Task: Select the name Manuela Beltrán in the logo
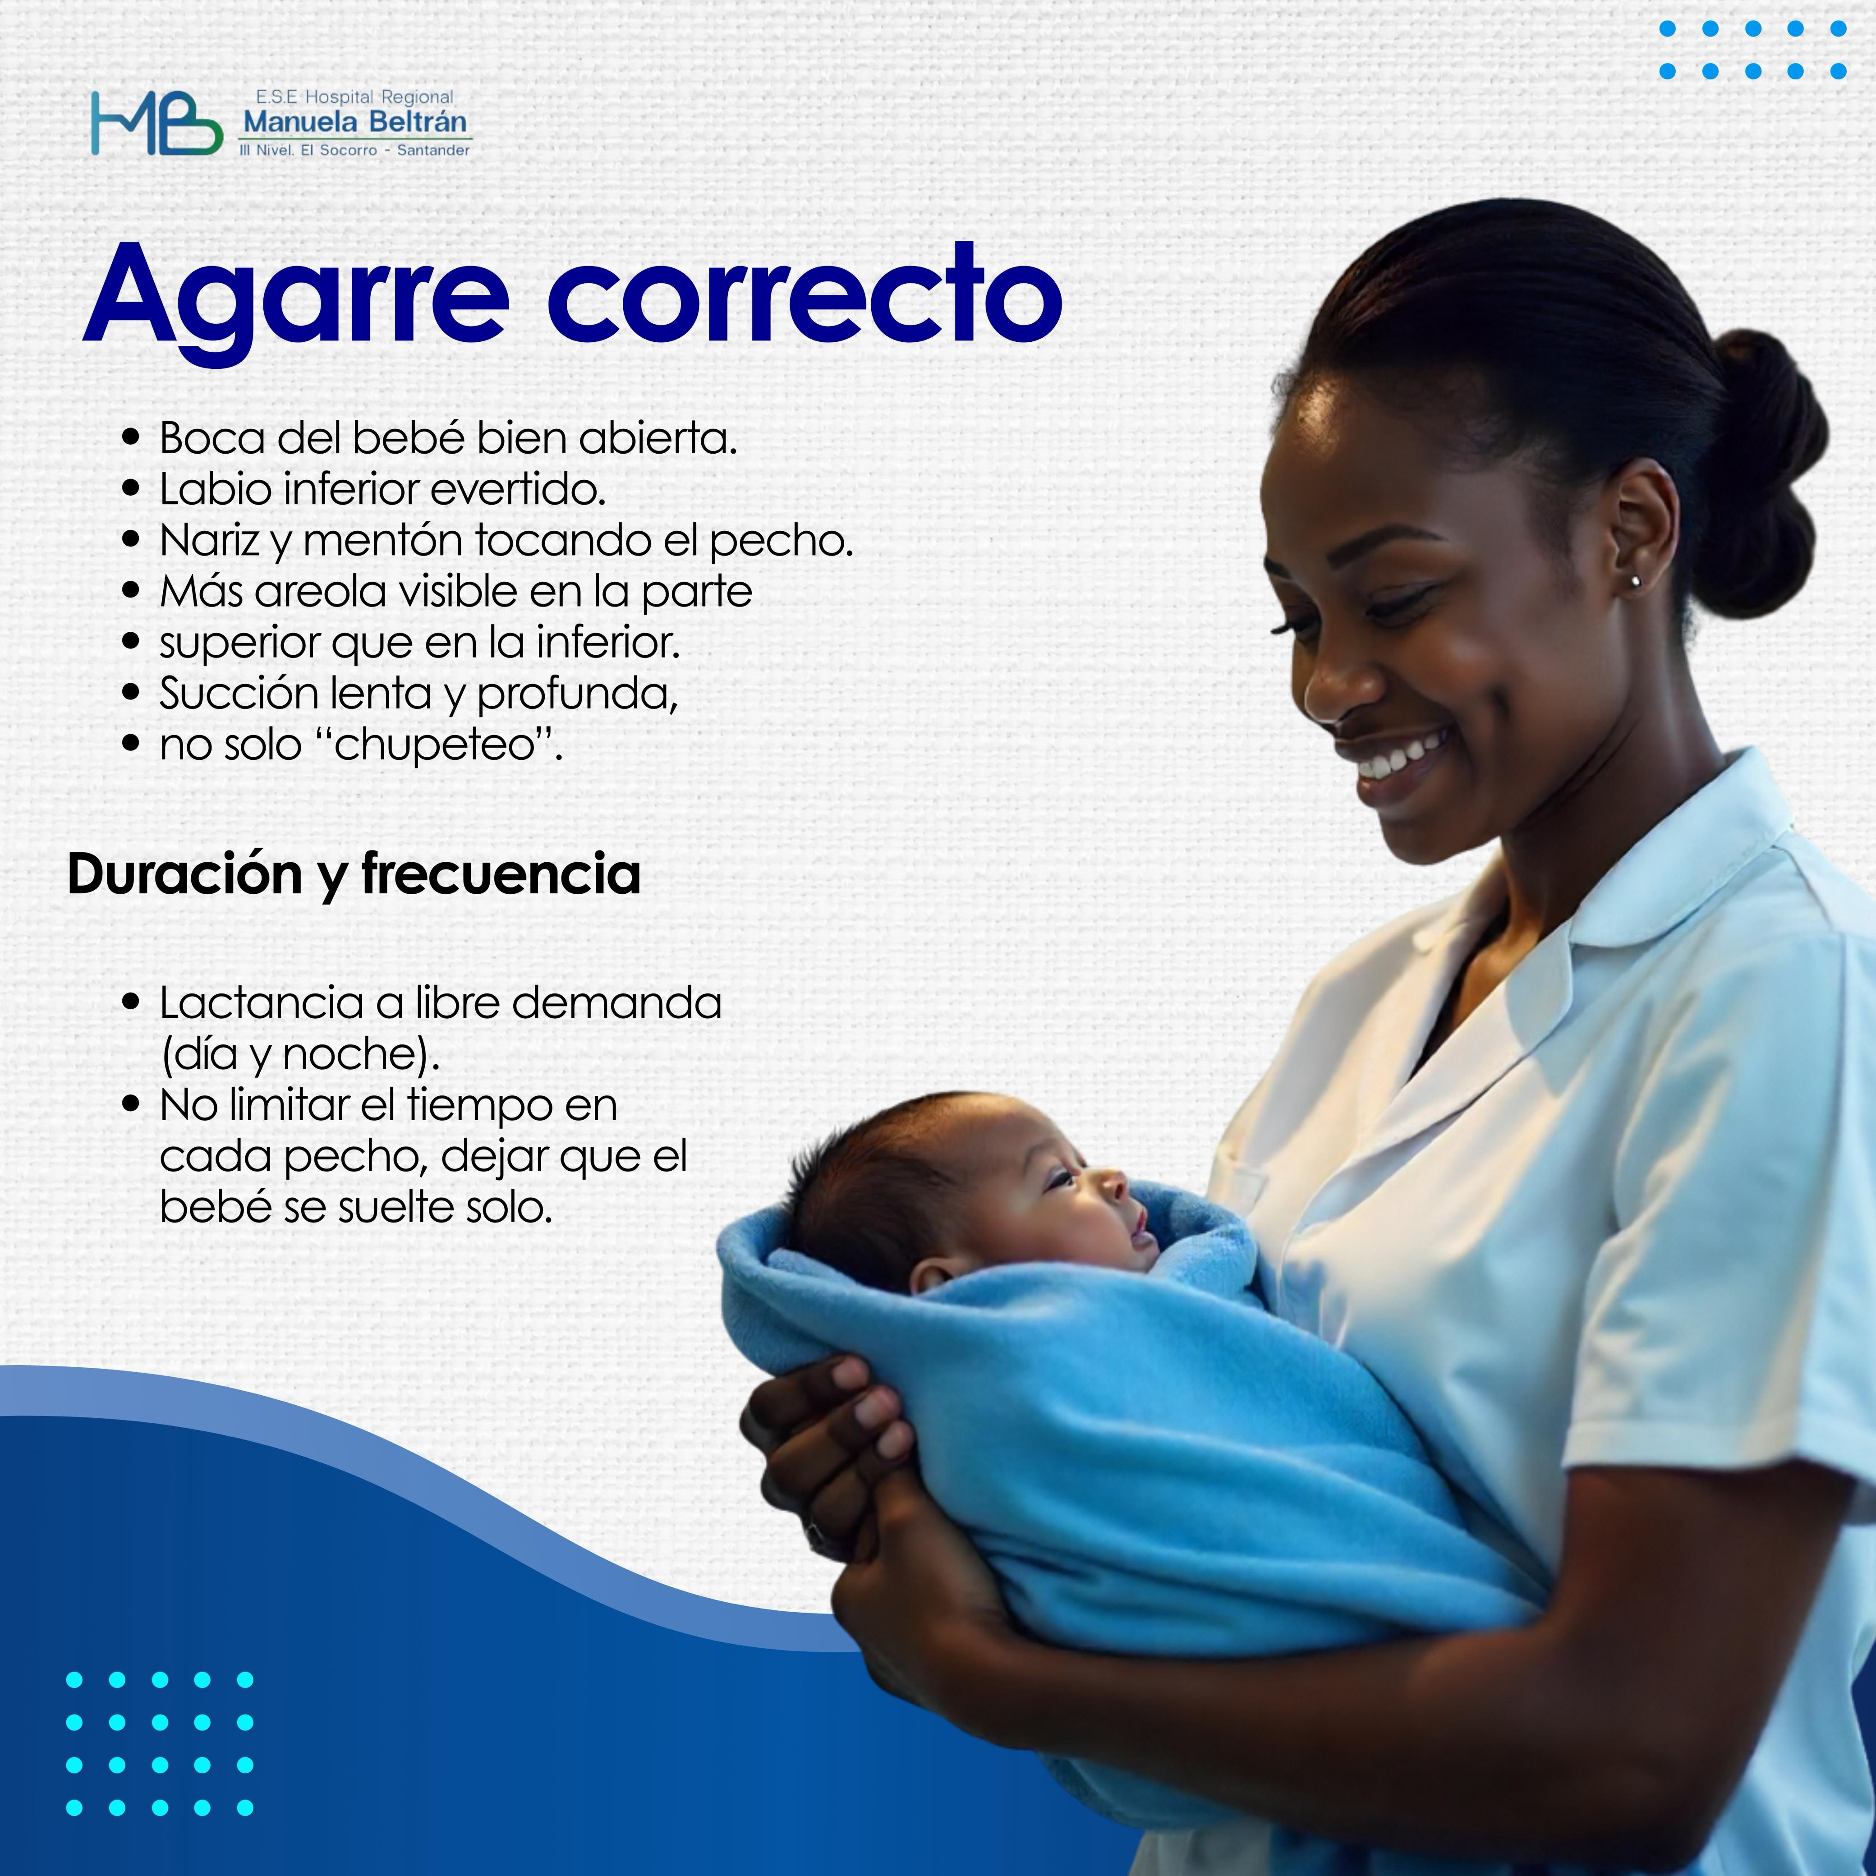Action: [354, 122]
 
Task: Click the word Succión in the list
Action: [239, 694]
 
